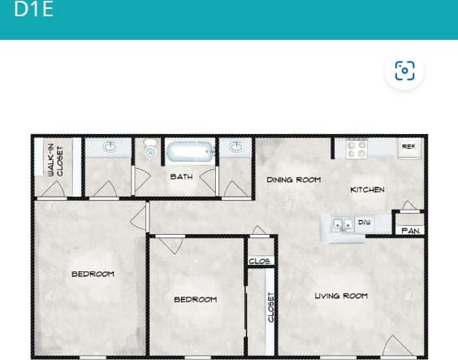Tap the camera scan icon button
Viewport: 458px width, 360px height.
point(404,71)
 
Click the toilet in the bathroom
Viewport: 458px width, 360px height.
point(149,150)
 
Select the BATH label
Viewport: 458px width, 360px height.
point(181,176)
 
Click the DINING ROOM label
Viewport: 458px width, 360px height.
point(293,180)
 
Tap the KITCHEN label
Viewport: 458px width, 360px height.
point(367,189)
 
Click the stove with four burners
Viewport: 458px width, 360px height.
point(357,149)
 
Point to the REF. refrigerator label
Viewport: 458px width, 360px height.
point(408,147)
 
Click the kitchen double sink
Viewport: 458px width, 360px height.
point(341,224)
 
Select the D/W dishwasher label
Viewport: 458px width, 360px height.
point(364,221)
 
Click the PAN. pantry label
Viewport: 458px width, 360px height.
point(408,231)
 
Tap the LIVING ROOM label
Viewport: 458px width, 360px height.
point(341,296)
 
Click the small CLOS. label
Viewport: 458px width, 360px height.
point(260,262)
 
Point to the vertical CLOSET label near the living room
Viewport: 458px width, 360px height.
point(272,307)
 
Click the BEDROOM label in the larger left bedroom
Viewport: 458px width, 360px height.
point(93,274)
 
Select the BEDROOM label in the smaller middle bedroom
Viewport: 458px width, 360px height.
point(196,300)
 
